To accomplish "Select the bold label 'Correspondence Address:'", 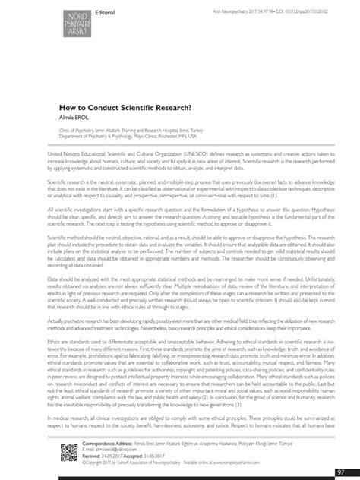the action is [102, 441].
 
